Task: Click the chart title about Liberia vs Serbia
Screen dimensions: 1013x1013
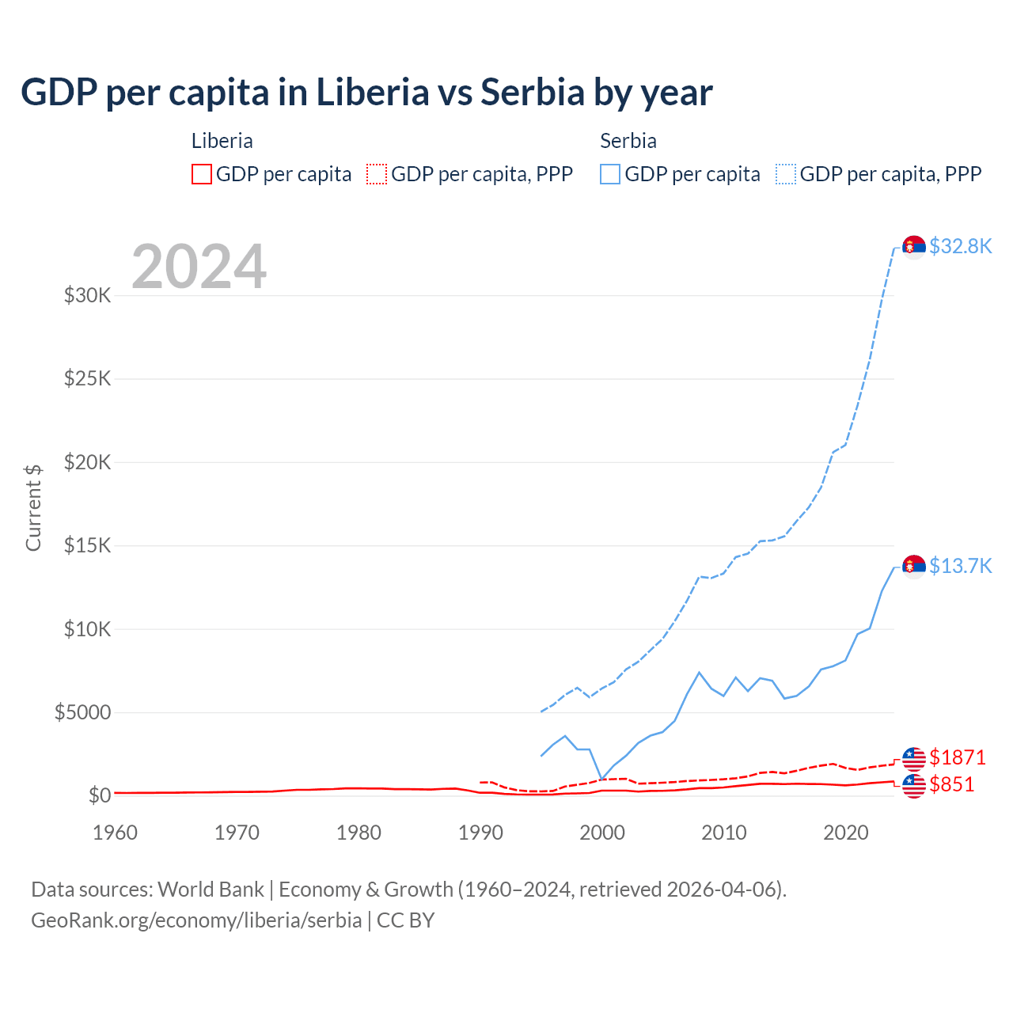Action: coord(366,93)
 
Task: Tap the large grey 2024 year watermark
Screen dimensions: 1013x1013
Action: coord(199,267)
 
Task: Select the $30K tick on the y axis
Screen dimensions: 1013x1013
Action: coord(87,296)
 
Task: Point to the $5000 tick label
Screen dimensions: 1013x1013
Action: coord(82,713)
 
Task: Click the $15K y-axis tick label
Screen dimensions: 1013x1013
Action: coord(87,546)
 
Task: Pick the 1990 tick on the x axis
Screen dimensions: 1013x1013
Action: coord(480,833)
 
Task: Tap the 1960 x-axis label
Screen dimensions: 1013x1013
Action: coord(116,833)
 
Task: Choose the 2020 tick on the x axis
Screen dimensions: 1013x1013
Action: coord(846,833)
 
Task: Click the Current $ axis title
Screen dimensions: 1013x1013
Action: coord(33,507)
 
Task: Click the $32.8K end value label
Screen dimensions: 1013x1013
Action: coord(960,247)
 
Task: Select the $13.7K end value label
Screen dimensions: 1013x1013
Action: coord(960,566)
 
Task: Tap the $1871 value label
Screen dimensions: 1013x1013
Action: coord(958,758)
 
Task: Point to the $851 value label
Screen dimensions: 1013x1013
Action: coord(952,785)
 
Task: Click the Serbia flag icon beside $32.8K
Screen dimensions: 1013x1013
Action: coord(914,247)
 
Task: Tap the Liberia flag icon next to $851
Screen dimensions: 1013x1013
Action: coord(914,786)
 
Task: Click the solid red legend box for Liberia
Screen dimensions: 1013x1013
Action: coord(202,174)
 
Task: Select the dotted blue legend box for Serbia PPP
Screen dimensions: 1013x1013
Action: coord(786,174)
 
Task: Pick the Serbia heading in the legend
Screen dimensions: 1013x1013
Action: coord(628,141)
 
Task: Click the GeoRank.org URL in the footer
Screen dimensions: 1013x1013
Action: coord(196,920)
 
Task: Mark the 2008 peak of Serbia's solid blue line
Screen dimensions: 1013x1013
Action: coord(699,673)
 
